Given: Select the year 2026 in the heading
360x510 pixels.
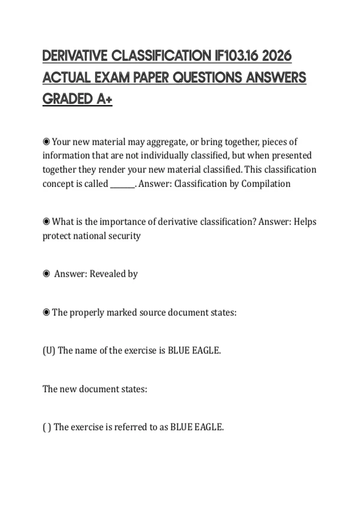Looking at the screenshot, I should click(x=277, y=56).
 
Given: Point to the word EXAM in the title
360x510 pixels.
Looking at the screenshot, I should click(x=112, y=78).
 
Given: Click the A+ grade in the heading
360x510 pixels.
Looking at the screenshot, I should click(x=104, y=99).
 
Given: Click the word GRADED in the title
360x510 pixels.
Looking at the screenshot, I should click(x=68, y=99).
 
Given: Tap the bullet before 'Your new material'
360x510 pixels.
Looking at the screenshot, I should click(x=46, y=141).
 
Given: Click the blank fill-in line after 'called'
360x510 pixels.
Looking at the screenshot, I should click(x=123, y=184).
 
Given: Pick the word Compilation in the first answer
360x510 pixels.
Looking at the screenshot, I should click(x=266, y=184).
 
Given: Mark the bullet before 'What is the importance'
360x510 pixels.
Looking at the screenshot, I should click(x=46, y=221).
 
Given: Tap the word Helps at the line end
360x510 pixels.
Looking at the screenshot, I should click(x=305, y=222).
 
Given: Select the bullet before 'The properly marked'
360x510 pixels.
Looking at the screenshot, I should click(x=46, y=312).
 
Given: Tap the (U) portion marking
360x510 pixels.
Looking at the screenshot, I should click(x=49, y=350).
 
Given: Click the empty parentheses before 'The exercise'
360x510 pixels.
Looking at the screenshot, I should click(x=47, y=427).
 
